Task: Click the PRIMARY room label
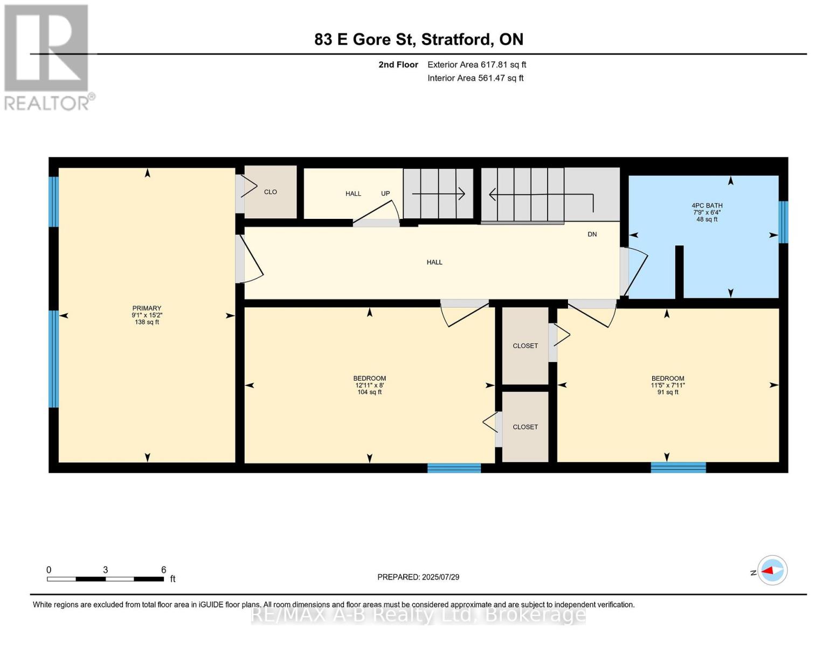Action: (x=147, y=308)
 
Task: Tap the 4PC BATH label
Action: (x=707, y=205)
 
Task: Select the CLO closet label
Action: (x=271, y=192)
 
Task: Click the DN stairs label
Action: (x=592, y=234)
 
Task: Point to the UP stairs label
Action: (x=385, y=194)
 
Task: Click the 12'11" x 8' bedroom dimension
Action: (x=369, y=385)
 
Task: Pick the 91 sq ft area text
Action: (x=668, y=392)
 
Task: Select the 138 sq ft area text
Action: (x=147, y=322)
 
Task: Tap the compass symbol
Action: (x=772, y=570)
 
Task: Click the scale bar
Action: (x=106, y=579)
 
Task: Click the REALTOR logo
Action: (x=48, y=58)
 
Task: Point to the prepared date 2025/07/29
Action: (x=440, y=577)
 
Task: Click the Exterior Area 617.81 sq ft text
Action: (x=476, y=65)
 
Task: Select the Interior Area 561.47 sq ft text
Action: (x=475, y=78)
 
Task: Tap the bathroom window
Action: (x=783, y=222)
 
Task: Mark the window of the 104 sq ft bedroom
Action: (x=454, y=468)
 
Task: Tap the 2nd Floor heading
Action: (x=398, y=65)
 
